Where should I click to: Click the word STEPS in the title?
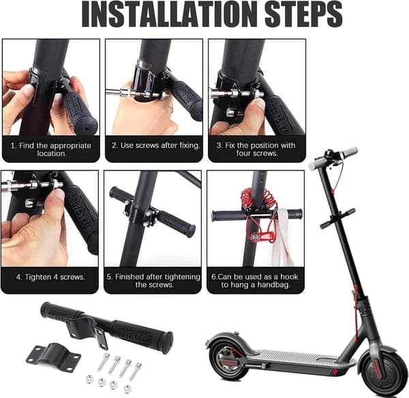pyautogui.click(x=304, y=14)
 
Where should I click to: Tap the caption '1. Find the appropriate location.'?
pyautogui.click(x=51, y=149)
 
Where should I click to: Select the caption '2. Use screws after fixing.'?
pyautogui.click(x=155, y=145)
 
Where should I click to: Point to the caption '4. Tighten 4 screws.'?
pyautogui.click(x=50, y=277)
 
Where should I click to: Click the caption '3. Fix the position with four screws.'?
pyautogui.click(x=256, y=149)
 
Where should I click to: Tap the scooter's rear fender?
pyautogui.click(x=230, y=339)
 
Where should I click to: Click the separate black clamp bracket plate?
pyautogui.click(x=53, y=356)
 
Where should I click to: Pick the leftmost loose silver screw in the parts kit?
pyautogui.click(x=103, y=361)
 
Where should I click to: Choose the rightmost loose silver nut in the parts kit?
pyautogui.click(x=127, y=389)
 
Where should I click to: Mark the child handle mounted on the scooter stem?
pyautogui.click(x=338, y=218)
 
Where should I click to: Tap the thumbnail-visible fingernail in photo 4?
pyautogui.click(x=59, y=195)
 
